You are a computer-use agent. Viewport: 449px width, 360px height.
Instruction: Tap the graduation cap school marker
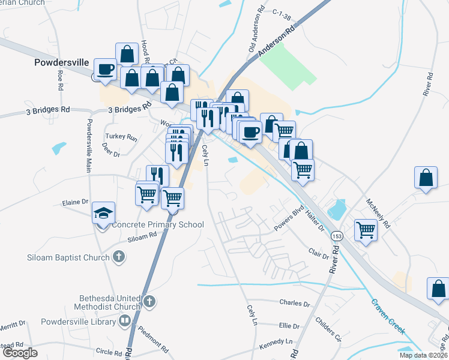[103, 214]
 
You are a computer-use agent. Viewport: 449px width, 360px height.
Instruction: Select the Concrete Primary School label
[158, 225]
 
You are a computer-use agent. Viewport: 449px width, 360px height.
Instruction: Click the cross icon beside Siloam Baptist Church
[118, 257]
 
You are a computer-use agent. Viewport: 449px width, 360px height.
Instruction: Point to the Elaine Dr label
[75, 203]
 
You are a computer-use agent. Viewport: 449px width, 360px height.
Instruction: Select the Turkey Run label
[121, 137]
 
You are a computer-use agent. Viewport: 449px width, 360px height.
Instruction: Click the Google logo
[20, 353]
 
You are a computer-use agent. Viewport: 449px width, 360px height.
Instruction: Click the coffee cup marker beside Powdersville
[106, 70]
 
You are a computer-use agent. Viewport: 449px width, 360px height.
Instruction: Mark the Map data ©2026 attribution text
[423, 355]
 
